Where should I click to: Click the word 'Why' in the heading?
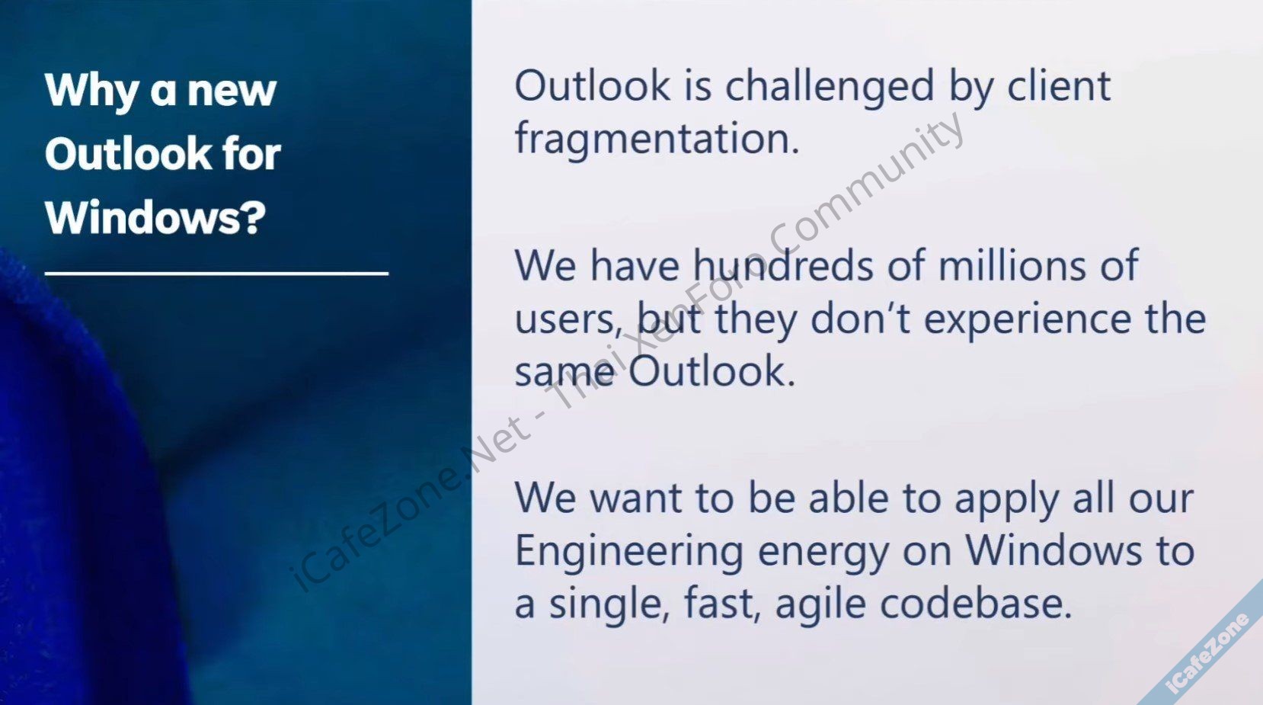92,91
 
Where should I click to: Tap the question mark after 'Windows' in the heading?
254,216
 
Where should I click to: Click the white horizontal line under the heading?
216,274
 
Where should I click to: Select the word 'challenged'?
830,88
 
